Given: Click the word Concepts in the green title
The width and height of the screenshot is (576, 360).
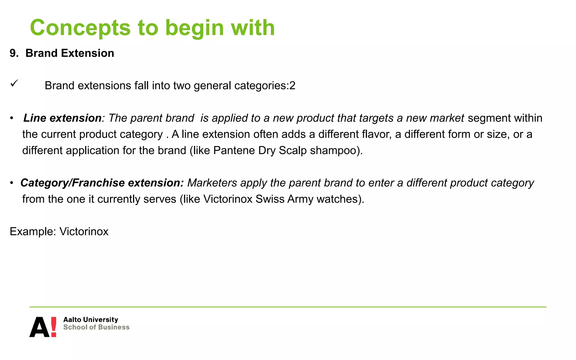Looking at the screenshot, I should [x=80, y=28].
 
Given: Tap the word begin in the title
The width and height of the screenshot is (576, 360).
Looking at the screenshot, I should [x=194, y=28].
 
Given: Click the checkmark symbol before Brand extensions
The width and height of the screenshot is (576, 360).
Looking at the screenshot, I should [x=14, y=83].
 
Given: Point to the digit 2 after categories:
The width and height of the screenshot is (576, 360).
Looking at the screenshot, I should [x=292, y=85].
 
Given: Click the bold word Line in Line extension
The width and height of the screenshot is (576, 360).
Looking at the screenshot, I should [x=35, y=118].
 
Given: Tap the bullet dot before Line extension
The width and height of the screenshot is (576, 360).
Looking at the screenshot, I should [x=12, y=118].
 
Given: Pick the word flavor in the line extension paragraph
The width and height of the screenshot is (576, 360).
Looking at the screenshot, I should [x=373, y=134].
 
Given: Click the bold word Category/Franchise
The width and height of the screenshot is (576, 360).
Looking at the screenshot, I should [x=73, y=183].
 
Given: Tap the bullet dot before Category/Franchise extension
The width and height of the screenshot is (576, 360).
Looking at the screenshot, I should [x=12, y=183].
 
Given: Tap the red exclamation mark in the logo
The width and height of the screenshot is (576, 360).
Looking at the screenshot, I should [x=53, y=327].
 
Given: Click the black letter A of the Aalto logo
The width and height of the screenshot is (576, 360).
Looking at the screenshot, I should [x=40, y=327].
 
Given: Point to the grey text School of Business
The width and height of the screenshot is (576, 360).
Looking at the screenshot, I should [x=96, y=327].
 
